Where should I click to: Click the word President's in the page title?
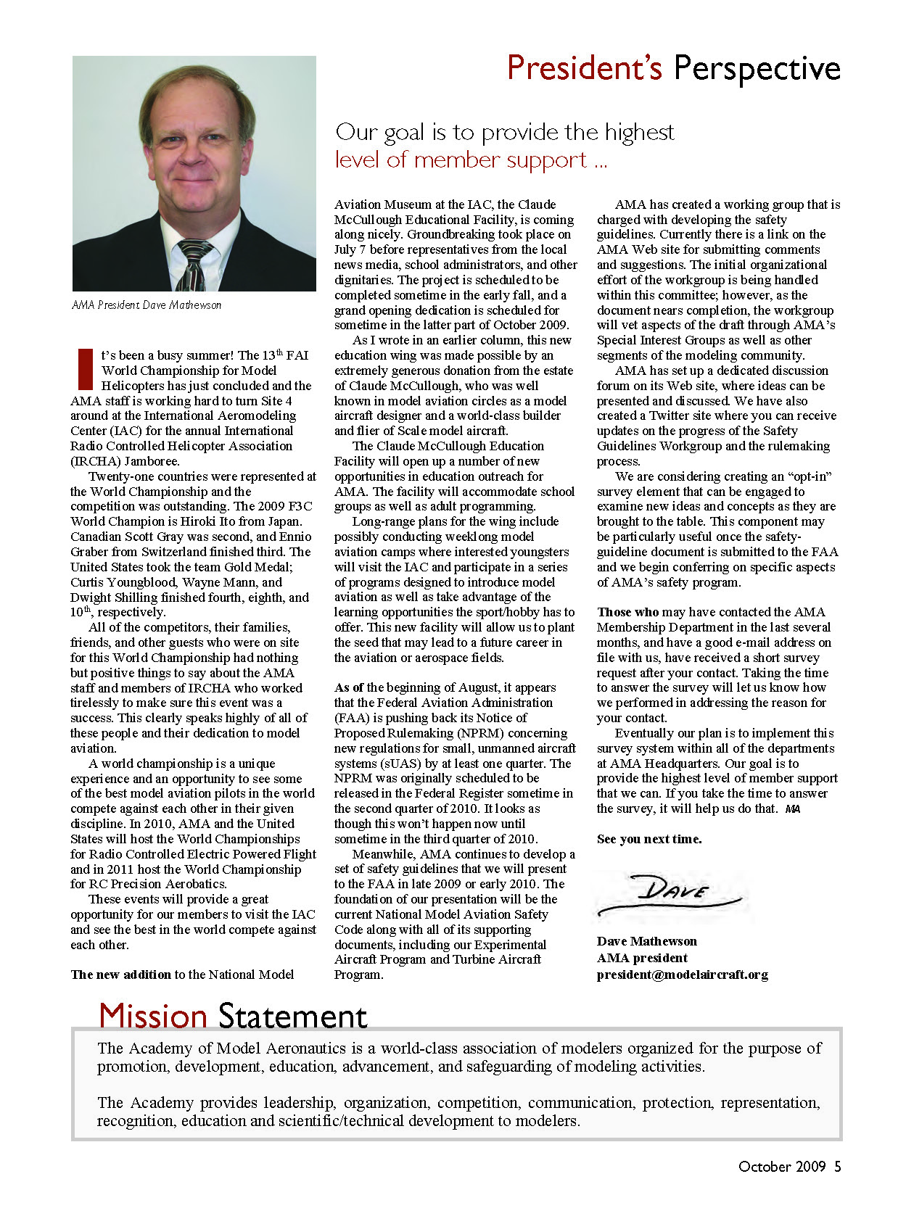pyautogui.click(x=584, y=68)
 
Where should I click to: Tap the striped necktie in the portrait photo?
pyautogui.click(x=194, y=265)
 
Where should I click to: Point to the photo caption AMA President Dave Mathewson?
pyautogui.click(x=147, y=305)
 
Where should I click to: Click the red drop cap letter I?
pyautogui.click(x=85, y=369)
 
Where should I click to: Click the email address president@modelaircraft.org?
pyautogui.click(x=682, y=975)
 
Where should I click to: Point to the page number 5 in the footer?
pyautogui.click(x=837, y=1166)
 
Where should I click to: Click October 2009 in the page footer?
pyautogui.click(x=781, y=1166)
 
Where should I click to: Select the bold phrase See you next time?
pyautogui.click(x=649, y=839)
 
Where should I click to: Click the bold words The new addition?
pyautogui.click(x=120, y=975)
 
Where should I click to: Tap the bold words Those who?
pyautogui.click(x=624, y=612)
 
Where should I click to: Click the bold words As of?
pyautogui.click(x=349, y=687)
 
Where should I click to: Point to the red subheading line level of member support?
pyautogui.click(x=470, y=160)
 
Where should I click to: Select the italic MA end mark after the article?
pyautogui.click(x=793, y=809)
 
